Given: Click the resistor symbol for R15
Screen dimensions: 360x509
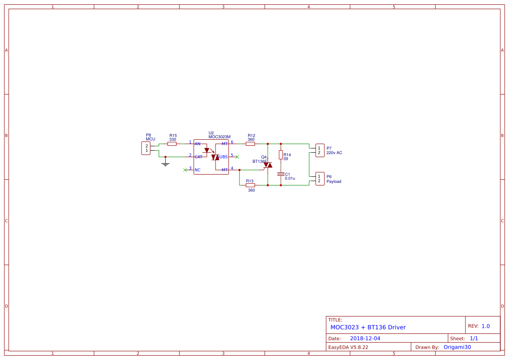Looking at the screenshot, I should (x=172, y=144).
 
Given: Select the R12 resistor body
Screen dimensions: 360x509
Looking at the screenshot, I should (x=250, y=144).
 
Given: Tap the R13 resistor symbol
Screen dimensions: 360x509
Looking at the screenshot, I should (x=250, y=185).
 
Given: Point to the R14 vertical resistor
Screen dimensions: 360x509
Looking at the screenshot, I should (x=281, y=155).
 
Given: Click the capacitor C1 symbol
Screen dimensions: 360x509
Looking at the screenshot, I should (x=281, y=174).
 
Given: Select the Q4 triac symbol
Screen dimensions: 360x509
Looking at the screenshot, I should (x=267, y=165).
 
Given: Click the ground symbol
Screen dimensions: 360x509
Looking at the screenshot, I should (x=165, y=163).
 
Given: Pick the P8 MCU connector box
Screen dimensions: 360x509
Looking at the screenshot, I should (x=146, y=148).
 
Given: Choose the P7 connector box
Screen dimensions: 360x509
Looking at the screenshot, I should (x=320, y=150).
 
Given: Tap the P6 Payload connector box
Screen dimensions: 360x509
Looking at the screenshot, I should (x=320, y=178).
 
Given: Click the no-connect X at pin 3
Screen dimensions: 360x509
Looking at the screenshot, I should (x=185, y=170).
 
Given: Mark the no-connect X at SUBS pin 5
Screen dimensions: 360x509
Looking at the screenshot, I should (x=237, y=156).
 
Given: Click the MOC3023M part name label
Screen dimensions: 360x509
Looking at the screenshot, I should (x=219, y=137).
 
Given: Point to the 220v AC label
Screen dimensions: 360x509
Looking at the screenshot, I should (x=334, y=153).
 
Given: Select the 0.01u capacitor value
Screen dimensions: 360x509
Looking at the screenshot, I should (x=290, y=178).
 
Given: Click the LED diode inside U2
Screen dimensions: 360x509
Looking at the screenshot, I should (x=207, y=150).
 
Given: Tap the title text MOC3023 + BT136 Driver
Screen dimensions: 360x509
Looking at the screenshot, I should (x=368, y=327).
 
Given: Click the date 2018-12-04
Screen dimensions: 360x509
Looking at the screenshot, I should (x=365, y=339).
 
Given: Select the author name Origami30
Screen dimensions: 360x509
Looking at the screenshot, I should (x=457, y=347).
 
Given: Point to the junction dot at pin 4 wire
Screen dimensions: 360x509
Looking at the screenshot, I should (x=239, y=170).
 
